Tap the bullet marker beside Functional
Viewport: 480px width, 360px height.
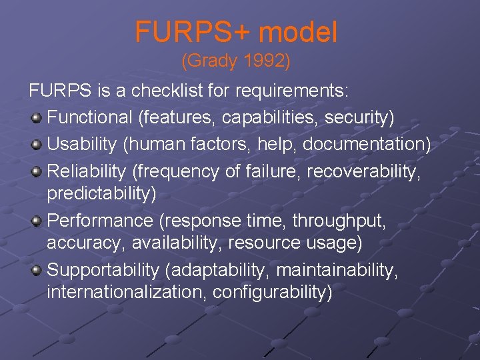pyautogui.click(x=37, y=118)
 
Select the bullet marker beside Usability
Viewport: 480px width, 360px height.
pyautogui.click(x=37, y=145)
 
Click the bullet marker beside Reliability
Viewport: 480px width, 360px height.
pyautogui.click(x=37, y=172)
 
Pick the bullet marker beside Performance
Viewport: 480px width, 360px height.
pyautogui.click(x=37, y=221)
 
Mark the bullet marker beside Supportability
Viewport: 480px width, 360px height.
pyautogui.click(x=37, y=270)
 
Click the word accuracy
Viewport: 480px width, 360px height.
pyautogui.click(x=84, y=243)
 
